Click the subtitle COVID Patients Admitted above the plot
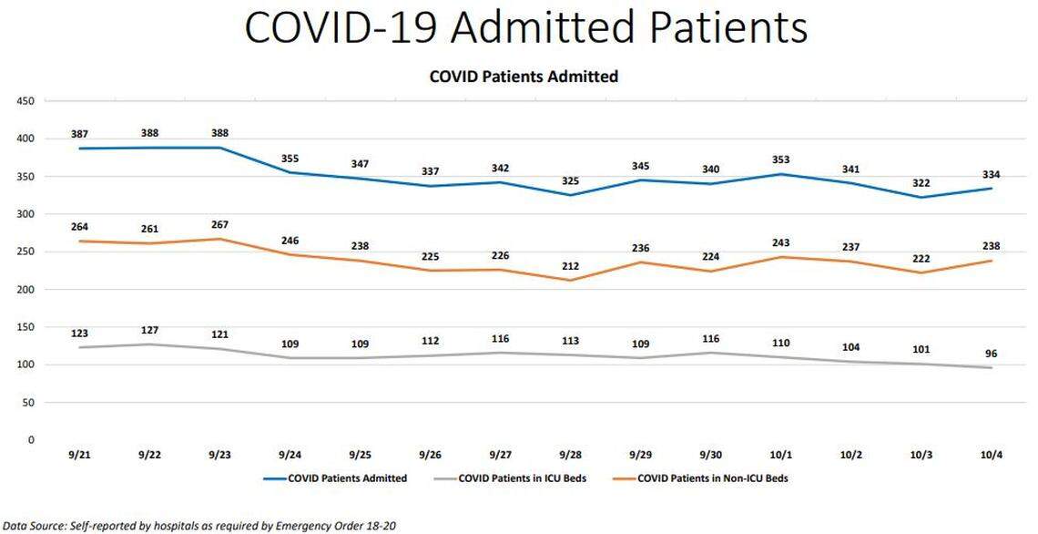tap(524, 77)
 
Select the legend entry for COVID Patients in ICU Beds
tap(522, 478)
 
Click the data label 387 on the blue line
tap(79, 134)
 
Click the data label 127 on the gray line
tap(150, 331)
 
